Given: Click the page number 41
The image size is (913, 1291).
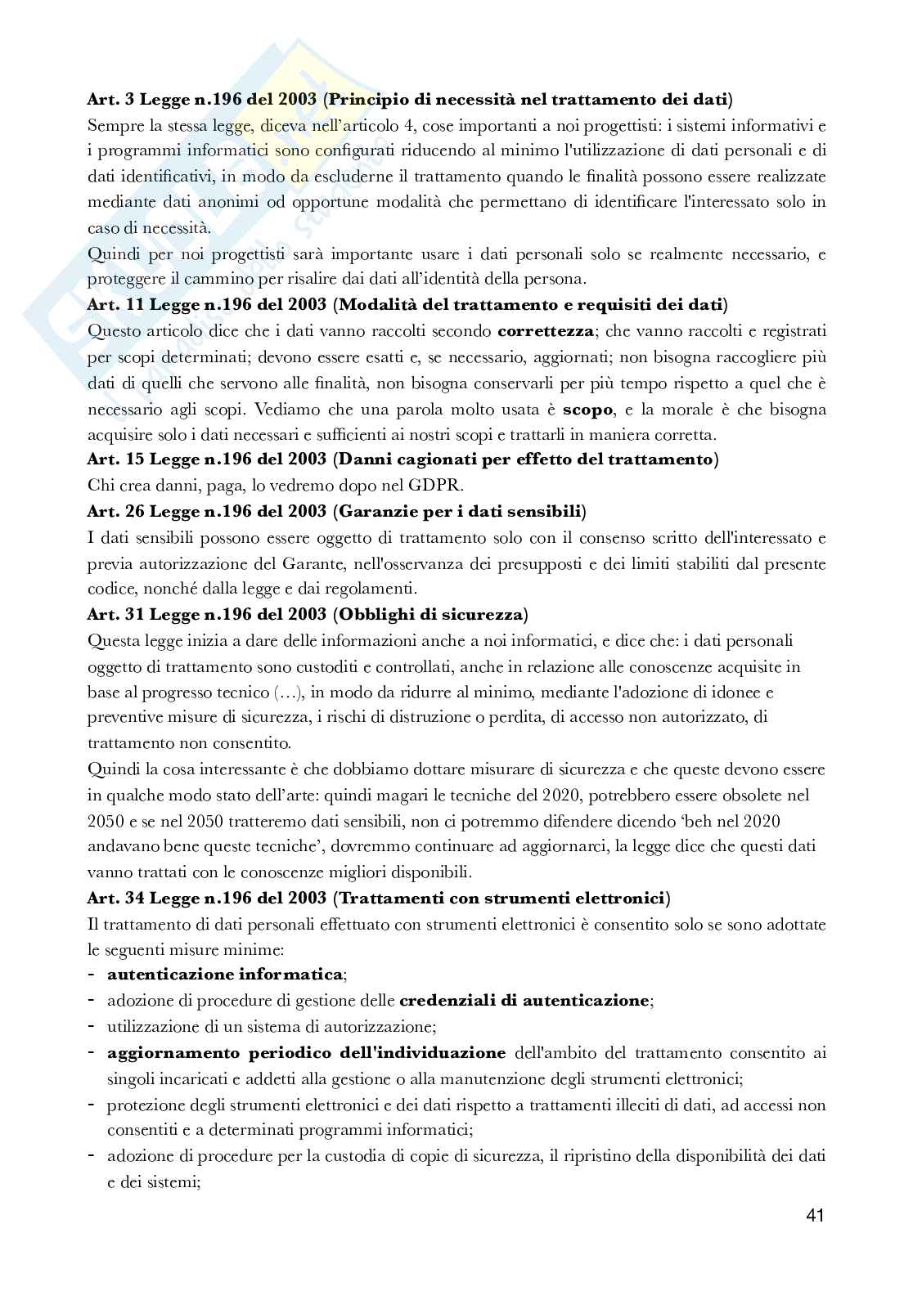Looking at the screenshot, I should click(x=814, y=1216).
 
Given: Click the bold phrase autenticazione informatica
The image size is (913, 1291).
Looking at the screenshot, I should click(x=225, y=974).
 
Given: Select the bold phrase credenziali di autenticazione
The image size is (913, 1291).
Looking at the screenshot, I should click(x=524, y=1000).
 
